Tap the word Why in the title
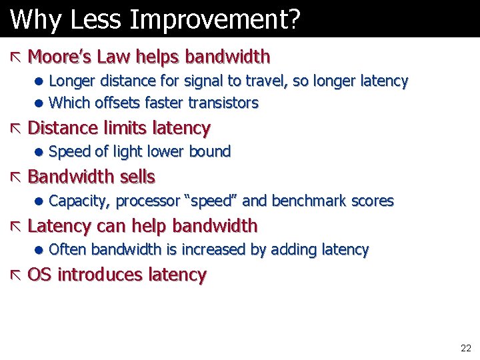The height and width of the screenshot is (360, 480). point(31,20)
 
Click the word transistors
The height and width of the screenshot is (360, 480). point(223,103)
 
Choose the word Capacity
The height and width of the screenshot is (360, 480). point(79,201)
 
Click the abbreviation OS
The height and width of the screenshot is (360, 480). point(40,275)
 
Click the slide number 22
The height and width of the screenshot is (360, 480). point(465,348)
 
